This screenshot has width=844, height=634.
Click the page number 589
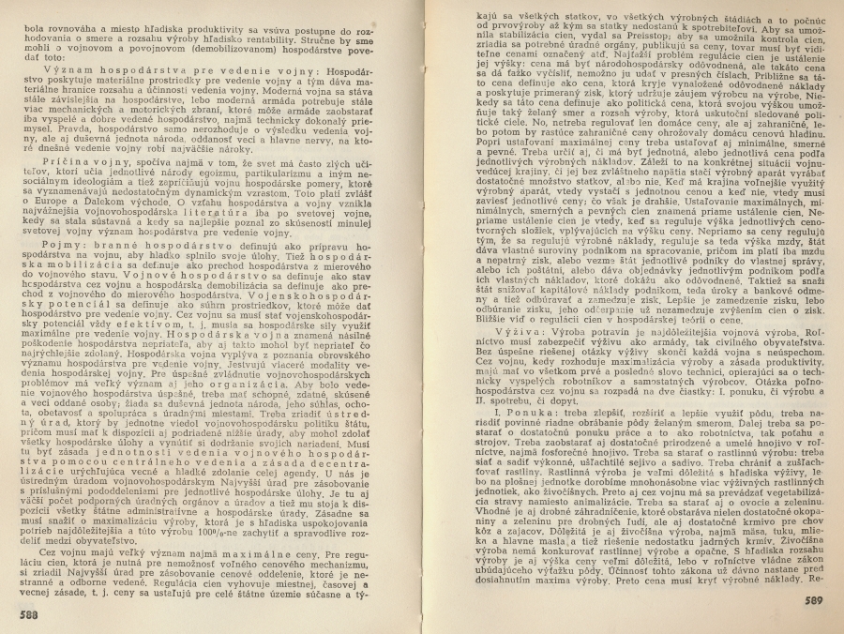pyautogui.click(x=812, y=600)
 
